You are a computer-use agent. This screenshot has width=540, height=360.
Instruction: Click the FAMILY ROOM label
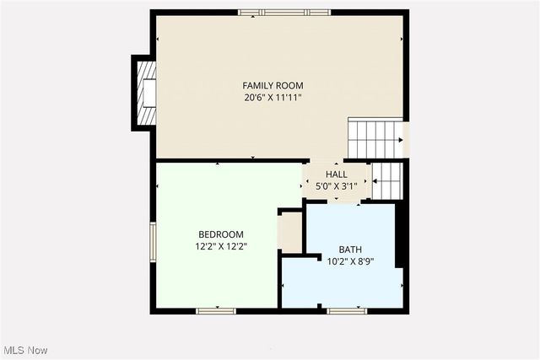pos(273,85)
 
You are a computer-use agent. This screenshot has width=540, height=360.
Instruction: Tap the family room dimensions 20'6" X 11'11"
pos(273,97)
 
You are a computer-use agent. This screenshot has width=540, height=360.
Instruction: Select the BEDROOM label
pos(221,234)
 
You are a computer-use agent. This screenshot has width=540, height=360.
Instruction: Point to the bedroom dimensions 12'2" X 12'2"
pos(221,246)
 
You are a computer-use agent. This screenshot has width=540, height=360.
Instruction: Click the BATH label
pos(350,250)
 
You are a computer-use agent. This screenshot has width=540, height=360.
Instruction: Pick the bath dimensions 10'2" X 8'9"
pos(350,261)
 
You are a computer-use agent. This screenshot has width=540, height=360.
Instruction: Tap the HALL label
pos(336,175)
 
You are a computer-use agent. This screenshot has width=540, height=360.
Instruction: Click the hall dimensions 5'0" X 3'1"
pos(336,185)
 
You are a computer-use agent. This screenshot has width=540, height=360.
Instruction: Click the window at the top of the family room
pos(283,13)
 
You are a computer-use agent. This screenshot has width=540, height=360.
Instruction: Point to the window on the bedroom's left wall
pos(153,241)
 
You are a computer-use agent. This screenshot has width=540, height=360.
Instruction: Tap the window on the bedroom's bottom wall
pos(216,311)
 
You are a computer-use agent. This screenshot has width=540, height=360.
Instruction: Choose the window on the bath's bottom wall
pos(347,311)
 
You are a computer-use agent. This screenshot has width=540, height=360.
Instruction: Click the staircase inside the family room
pos(375,138)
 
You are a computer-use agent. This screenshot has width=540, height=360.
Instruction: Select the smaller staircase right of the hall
pos(386,180)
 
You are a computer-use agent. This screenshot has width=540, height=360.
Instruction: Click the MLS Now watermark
pos(25,350)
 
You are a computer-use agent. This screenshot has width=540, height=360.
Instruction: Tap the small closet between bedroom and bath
pos(290,232)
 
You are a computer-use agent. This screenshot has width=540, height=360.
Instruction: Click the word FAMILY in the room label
pos(257,85)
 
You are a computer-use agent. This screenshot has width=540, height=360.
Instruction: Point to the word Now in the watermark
pos(37,350)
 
